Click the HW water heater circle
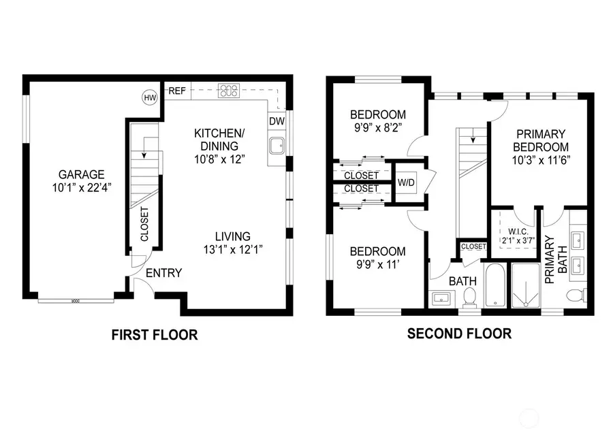click(149, 98)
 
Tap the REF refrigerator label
click(177, 91)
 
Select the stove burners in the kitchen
click(227, 91)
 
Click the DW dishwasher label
click(276, 121)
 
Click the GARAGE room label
click(81, 174)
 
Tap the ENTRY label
click(164, 273)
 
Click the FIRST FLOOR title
click(155, 334)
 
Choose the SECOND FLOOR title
click(459, 334)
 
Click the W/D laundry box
click(406, 182)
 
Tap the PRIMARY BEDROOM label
click(541, 141)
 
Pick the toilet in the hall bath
click(469, 297)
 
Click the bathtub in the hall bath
click(495, 286)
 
